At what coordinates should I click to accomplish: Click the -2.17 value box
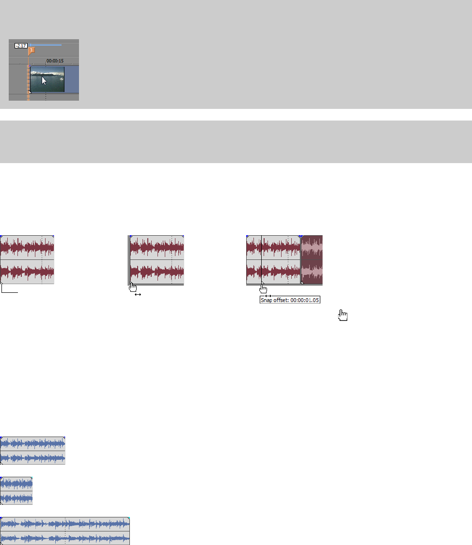point(21,45)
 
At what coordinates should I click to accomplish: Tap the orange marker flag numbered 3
point(31,50)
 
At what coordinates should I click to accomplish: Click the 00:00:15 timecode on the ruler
point(55,61)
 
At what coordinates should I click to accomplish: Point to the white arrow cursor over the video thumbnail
point(44,81)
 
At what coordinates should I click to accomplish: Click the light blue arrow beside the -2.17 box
point(46,45)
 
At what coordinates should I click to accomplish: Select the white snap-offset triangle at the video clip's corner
point(30,91)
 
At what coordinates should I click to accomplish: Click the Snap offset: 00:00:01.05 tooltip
point(290,300)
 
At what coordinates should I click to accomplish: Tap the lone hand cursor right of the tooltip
point(343,316)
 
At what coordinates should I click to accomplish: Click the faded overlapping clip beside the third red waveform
point(312,260)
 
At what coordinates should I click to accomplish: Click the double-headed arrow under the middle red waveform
point(138,294)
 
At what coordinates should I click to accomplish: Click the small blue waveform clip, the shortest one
point(16,490)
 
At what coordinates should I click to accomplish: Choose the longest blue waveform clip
point(65,530)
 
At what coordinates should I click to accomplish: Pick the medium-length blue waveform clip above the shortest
point(32,450)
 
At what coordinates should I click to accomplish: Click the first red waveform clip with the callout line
point(27,260)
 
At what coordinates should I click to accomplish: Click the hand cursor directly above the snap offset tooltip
point(263,289)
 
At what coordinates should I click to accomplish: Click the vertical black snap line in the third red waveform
point(261,260)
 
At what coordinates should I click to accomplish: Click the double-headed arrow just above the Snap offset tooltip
point(268,295)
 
